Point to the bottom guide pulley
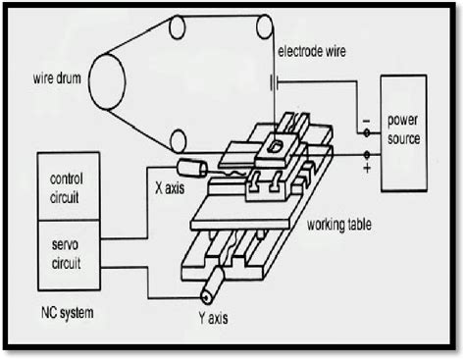pos(178,141)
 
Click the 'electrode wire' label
pos(315,51)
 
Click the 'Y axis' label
pos(216,318)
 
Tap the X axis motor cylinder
pos(192,169)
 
